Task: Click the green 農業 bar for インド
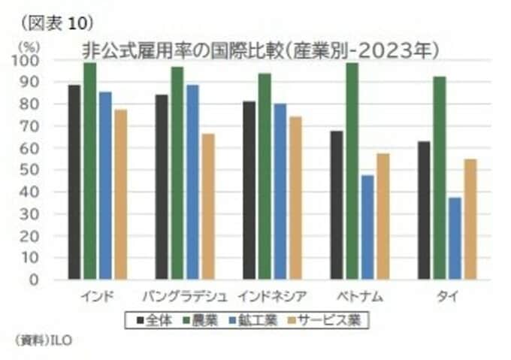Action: coord(89,171)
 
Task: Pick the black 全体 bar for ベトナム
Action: coord(336,205)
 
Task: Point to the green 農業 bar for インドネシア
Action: coord(265,177)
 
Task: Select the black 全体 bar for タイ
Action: coord(424,210)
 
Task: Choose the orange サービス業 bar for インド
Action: coord(120,195)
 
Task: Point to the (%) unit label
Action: coord(25,47)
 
